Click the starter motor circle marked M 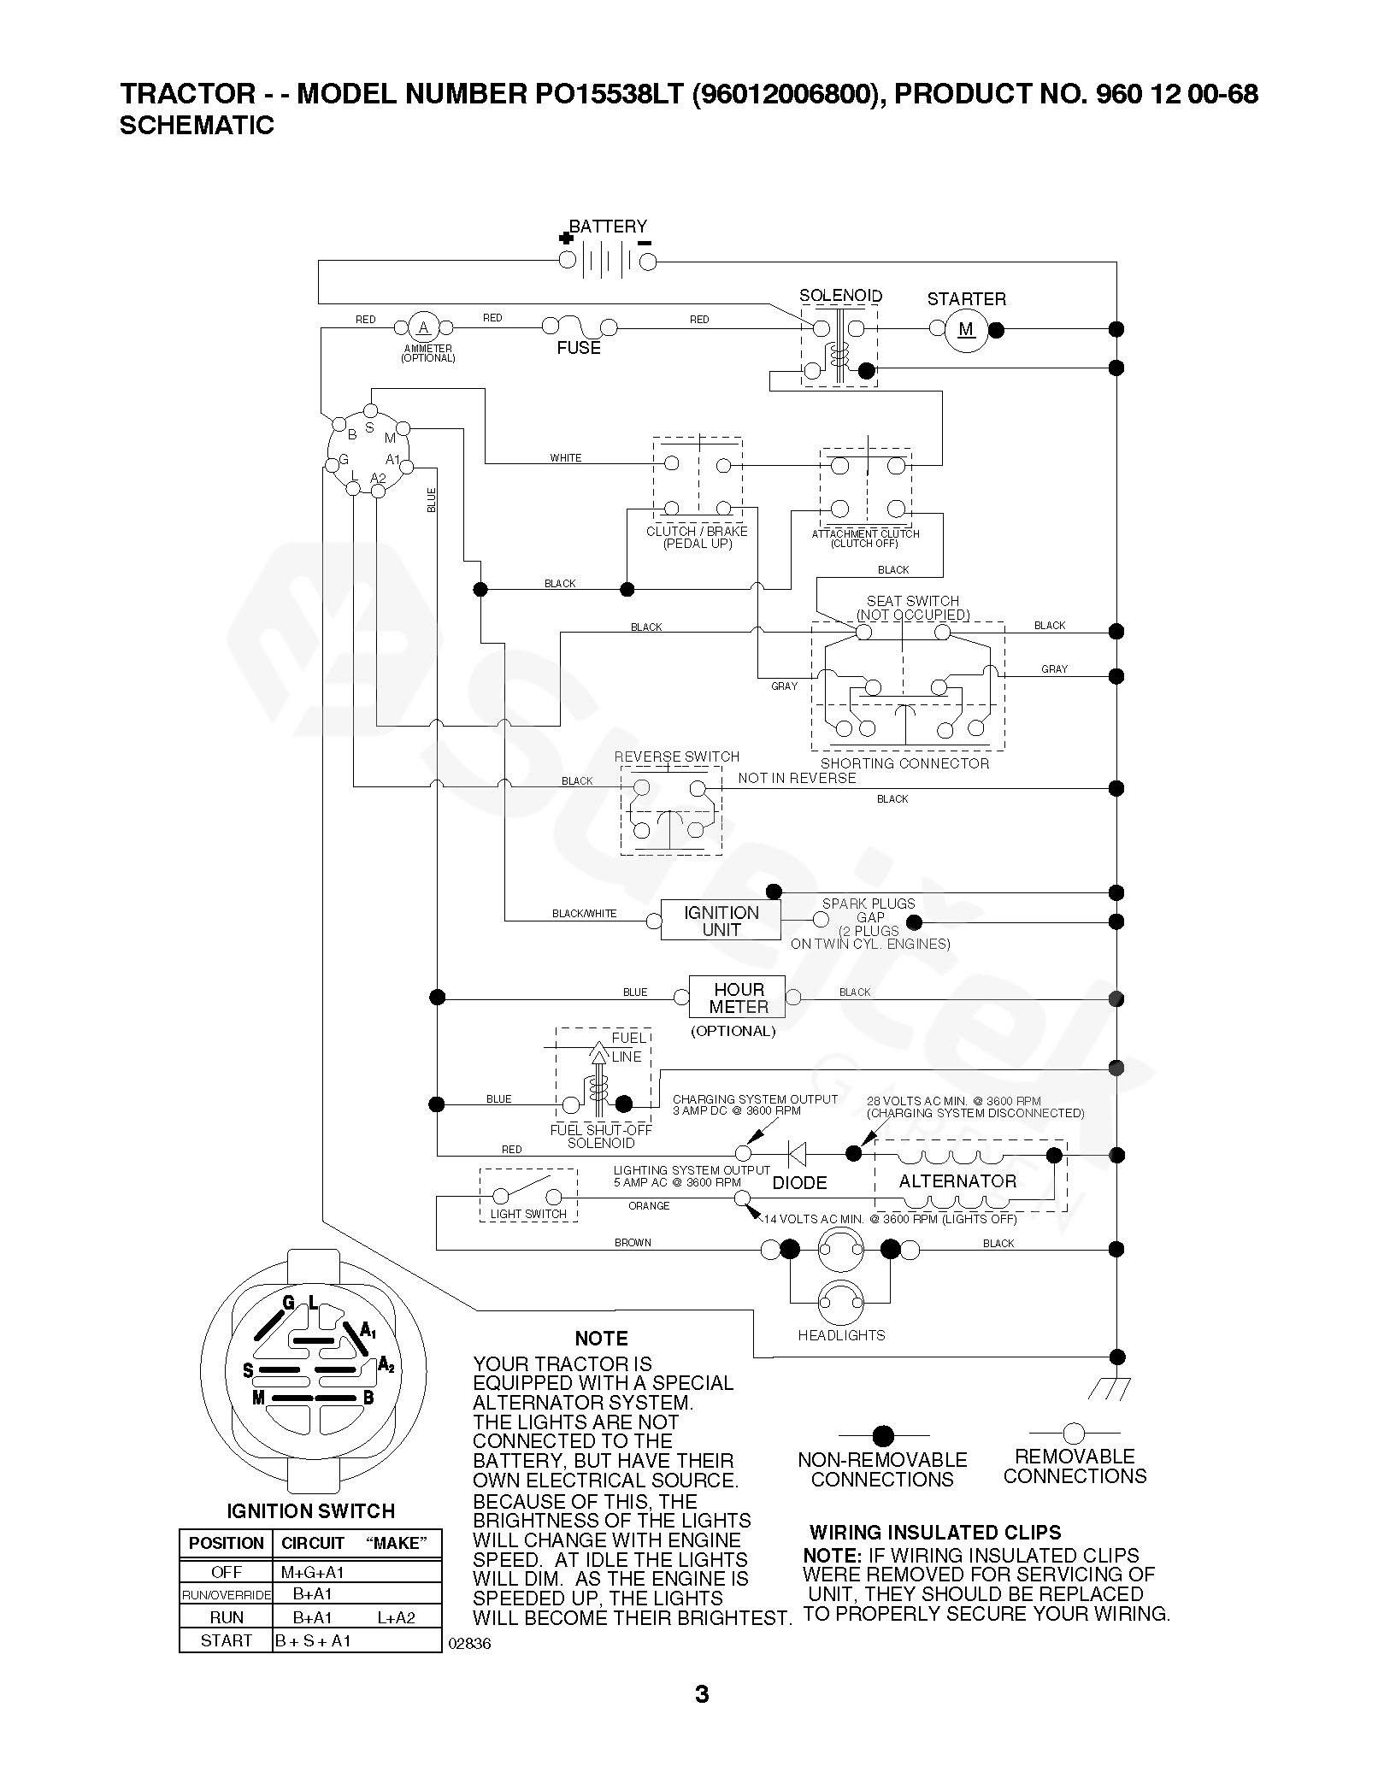coord(966,330)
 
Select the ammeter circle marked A coord(422,327)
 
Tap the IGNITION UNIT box coord(721,921)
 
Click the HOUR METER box coord(739,998)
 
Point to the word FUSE coord(579,348)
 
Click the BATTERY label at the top coord(608,227)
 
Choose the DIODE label coord(799,1183)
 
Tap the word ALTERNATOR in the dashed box coord(957,1181)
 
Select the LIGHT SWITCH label coord(528,1214)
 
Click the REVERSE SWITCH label coord(677,757)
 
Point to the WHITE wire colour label coord(566,458)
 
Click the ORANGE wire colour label coord(649,1206)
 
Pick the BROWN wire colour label coord(633,1243)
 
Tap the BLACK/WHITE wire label coord(584,914)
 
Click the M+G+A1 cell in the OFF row coord(312,1572)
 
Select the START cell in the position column coord(226,1640)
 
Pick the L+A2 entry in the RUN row coord(396,1617)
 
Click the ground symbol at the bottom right coord(1110,1390)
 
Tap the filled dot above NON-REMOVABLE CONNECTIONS coord(883,1435)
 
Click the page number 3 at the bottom coord(702,1718)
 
